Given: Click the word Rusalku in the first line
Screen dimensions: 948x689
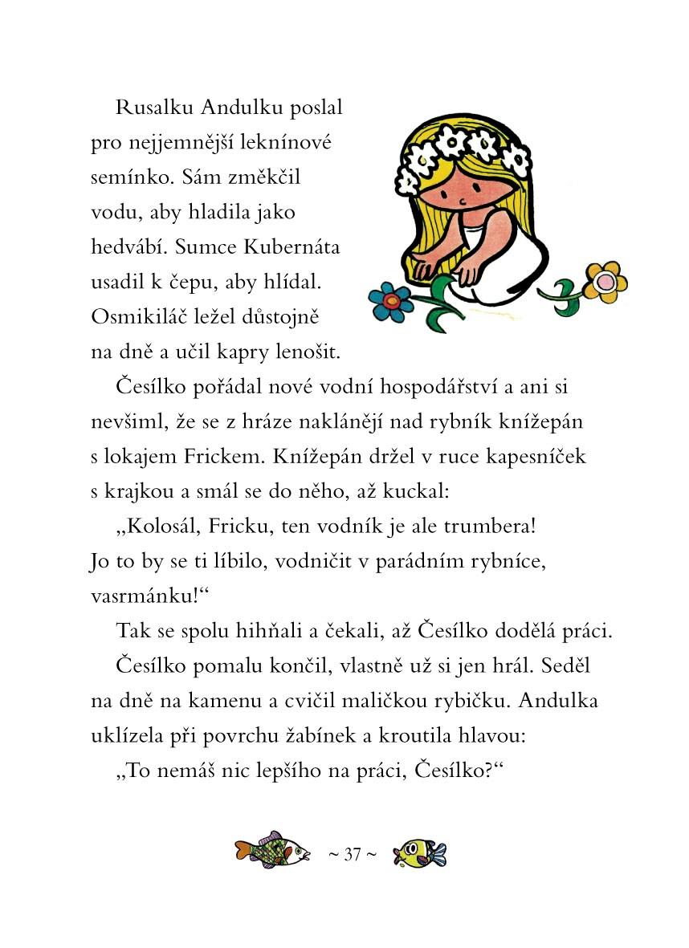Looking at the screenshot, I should click(149, 108).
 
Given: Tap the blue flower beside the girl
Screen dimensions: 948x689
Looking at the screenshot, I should click(391, 301).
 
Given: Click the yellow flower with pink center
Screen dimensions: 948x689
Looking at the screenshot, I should click(605, 281).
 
